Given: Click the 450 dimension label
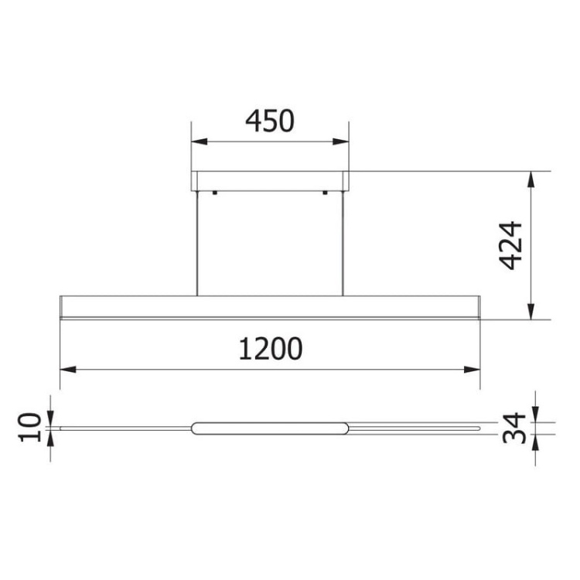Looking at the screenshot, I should pyautogui.click(x=270, y=121).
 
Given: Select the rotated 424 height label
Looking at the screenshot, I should pyautogui.click(x=510, y=245).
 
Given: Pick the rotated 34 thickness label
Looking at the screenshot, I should pyautogui.click(x=514, y=428).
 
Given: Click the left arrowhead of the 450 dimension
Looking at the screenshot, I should pyautogui.click(x=199, y=142).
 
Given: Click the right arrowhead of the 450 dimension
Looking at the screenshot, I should pyautogui.click(x=341, y=142).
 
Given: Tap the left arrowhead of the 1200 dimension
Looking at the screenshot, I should pyautogui.click(x=67, y=370).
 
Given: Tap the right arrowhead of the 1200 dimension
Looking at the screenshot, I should pyautogui.click(x=473, y=370).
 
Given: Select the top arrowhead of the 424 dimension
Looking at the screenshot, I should pyautogui.click(x=531, y=177).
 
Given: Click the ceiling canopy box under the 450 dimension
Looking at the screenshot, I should pyautogui.click(x=270, y=180).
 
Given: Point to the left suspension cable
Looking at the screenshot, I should pyautogui.click(x=197, y=243).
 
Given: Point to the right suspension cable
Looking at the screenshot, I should pyautogui.click(x=343, y=243).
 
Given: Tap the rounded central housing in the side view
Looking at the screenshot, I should pyautogui.click(x=270, y=428).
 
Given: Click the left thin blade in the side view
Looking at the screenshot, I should pyautogui.click(x=124, y=427).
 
